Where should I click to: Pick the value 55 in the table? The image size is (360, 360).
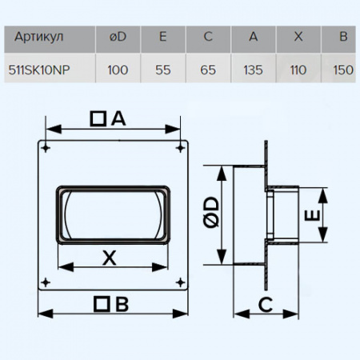point(163,69)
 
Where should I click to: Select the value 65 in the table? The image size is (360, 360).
point(208,69)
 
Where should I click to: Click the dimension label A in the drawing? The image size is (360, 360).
point(118,118)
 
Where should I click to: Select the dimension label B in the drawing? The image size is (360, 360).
point(122,303)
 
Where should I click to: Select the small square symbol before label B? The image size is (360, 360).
point(101,303)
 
